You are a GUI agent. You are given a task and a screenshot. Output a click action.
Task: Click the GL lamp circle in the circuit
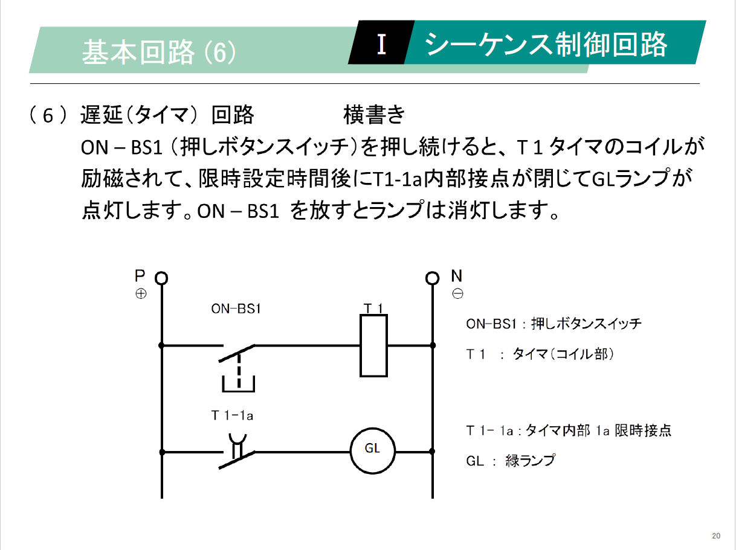click(x=372, y=451)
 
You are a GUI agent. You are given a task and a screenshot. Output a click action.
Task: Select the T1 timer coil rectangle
click(x=373, y=346)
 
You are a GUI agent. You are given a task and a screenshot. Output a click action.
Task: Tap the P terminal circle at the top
click(x=161, y=278)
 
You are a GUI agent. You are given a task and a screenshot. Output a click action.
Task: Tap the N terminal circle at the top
click(x=432, y=278)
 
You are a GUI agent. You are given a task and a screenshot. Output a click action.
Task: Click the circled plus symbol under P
click(x=141, y=294)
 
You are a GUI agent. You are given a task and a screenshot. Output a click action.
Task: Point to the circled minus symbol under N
click(x=457, y=294)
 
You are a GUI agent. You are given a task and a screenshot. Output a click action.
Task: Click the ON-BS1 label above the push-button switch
click(x=236, y=309)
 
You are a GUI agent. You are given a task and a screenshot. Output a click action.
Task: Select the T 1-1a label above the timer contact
click(x=232, y=416)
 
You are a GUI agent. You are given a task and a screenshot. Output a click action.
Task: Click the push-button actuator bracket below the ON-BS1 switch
click(x=239, y=384)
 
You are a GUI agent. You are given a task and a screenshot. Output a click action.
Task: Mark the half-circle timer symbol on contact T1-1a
click(x=237, y=439)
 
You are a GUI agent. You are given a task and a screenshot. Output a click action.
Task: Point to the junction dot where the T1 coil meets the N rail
click(x=433, y=345)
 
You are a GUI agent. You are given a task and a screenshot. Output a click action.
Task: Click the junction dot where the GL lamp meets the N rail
click(x=432, y=452)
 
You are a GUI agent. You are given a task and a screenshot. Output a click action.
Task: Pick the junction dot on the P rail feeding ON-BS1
click(x=161, y=345)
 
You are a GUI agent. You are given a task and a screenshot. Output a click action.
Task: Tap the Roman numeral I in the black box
click(x=381, y=44)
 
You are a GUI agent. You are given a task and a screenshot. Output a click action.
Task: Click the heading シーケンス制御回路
click(x=546, y=45)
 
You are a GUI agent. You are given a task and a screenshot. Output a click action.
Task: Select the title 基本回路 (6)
click(x=159, y=52)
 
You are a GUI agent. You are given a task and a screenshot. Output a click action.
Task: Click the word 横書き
click(x=374, y=115)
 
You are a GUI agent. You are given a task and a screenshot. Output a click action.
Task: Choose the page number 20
click(x=716, y=536)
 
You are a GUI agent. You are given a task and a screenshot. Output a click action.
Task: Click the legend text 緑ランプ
click(x=531, y=461)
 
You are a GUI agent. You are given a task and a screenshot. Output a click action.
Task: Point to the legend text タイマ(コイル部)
click(x=563, y=354)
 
